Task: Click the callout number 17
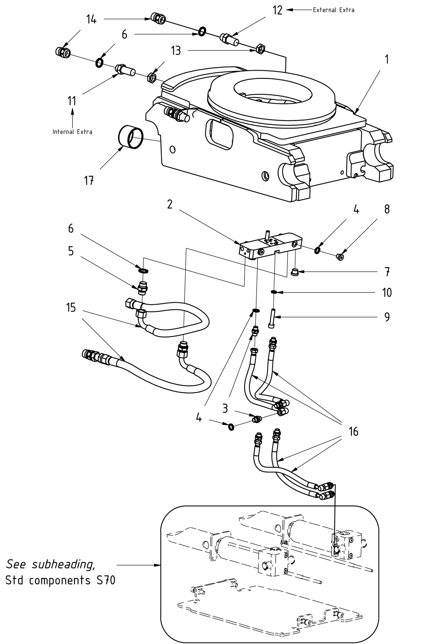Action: [x=89, y=181]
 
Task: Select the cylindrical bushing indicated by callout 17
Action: [x=130, y=137]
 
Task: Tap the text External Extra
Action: [x=333, y=10]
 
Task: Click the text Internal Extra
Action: [x=73, y=132]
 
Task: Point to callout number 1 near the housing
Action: [x=386, y=59]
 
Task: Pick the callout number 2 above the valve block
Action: [x=170, y=204]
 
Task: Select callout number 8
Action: [x=386, y=209]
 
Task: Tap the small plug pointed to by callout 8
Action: [x=340, y=256]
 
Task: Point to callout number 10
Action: [x=386, y=293]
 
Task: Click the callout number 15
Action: [x=71, y=307]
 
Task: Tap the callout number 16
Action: [x=353, y=432]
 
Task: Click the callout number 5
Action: [x=71, y=251]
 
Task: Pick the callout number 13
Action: [x=176, y=51]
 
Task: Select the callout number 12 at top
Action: [x=277, y=10]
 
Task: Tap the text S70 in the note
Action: [x=105, y=580]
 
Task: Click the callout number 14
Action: [x=91, y=19]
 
